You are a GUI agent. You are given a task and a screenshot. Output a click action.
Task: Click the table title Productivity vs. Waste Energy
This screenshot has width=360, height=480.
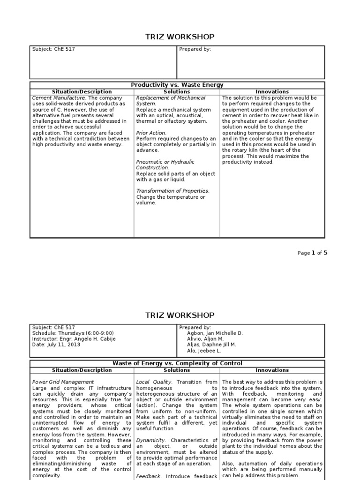[x=177, y=85]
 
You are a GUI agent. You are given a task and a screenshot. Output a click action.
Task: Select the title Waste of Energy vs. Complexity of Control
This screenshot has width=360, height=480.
[x=177, y=363]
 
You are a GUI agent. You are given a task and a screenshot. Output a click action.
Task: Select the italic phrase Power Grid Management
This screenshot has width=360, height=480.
[x=63, y=382]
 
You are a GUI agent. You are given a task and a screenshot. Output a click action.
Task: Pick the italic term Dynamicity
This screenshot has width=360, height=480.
[x=150, y=441]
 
